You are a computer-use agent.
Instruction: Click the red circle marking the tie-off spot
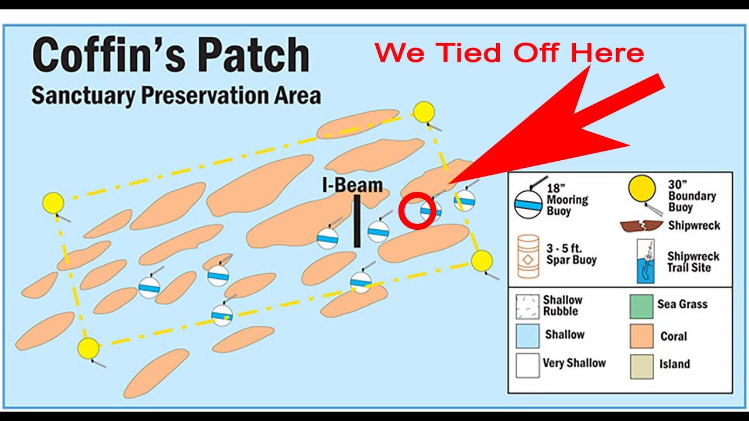(417, 212)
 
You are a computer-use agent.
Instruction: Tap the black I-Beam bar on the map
(356, 221)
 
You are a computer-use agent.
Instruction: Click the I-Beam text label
(353, 185)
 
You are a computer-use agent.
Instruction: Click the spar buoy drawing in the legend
(528, 256)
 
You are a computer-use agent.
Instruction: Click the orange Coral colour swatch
(641, 336)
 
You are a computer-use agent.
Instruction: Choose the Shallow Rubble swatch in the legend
(527, 306)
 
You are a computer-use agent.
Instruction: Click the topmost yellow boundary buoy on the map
(424, 112)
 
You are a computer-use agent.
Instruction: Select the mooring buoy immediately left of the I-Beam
(328, 238)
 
